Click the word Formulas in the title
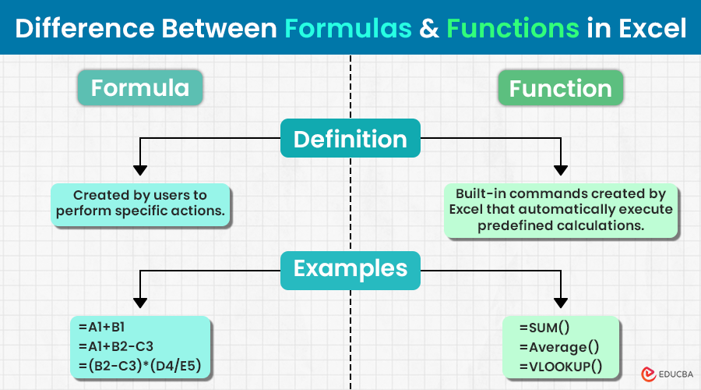click(x=348, y=28)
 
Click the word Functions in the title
click(x=513, y=28)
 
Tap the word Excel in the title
click(x=652, y=28)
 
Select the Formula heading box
click(x=140, y=88)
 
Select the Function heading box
click(x=560, y=88)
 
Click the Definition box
click(x=350, y=138)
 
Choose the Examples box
click(x=350, y=271)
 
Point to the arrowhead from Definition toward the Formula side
click(x=140, y=170)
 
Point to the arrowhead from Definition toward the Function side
click(x=561, y=170)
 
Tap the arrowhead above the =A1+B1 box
click(x=140, y=303)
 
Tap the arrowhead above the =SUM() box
click(x=561, y=303)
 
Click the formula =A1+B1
click(x=101, y=328)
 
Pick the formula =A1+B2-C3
click(x=116, y=346)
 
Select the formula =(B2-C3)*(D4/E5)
click(x=140, y=366)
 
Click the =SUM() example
click(x=544, y=328)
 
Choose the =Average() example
click(x=559, y=347)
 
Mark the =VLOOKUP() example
click(x=561, y=367)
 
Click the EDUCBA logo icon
click(x=648, y=374)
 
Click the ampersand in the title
click(x=429, y=29)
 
